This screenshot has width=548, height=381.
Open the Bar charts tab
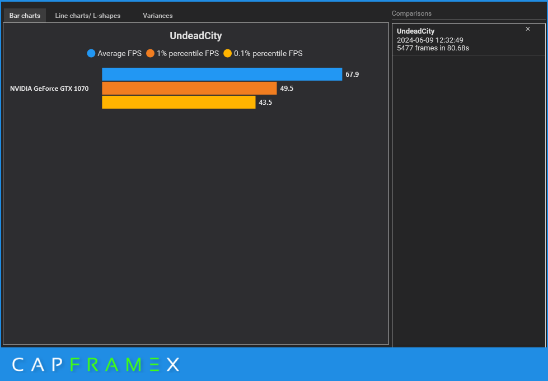point(25,16)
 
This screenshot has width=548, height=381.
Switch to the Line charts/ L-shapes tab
point(87,16)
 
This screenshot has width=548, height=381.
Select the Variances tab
point(157,16)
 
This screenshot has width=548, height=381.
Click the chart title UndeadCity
point(196,36)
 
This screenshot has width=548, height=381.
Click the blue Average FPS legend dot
point(91,54)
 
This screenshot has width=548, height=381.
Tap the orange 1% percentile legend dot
point(150,54)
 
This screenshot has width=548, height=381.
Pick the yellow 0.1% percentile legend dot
point(227,54)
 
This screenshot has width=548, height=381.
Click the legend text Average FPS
point(119,54)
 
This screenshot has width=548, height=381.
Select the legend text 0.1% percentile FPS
point(268,54)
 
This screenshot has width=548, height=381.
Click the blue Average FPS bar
point(222,75)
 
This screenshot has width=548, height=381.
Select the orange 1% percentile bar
point(189,89)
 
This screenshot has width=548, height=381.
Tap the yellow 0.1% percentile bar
point(179,102)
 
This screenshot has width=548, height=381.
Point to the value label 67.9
point(352,75)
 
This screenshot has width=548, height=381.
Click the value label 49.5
point(287,89)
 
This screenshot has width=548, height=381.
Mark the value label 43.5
point(265,103)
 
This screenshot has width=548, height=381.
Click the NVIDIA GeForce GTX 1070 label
point(49,89)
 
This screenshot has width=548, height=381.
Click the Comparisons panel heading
point(411,13)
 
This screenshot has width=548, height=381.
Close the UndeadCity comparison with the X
point(528,29)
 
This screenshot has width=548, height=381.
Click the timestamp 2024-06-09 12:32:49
point(430,40)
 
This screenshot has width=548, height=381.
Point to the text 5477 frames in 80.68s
point(433,48)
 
